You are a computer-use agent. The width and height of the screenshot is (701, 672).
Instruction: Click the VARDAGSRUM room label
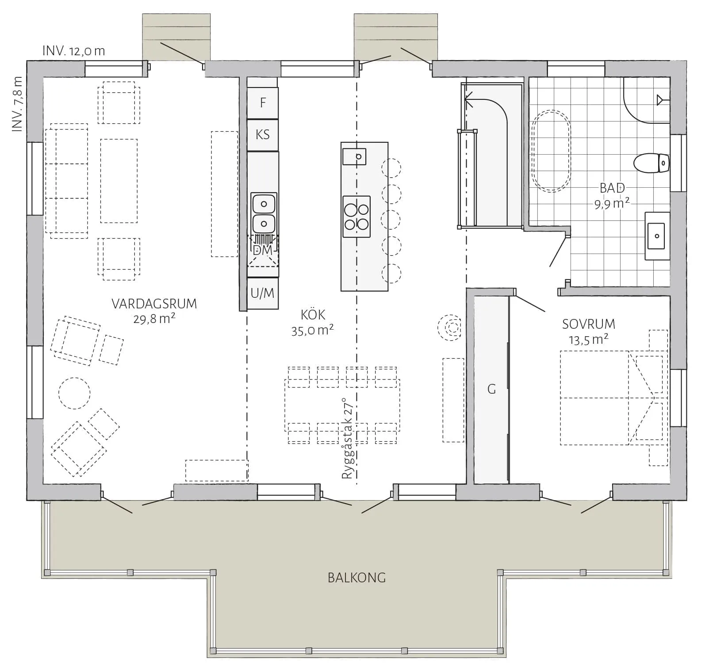(154, 304)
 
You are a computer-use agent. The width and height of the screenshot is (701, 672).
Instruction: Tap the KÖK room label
(313, 315)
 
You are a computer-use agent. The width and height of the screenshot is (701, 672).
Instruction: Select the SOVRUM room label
(588, 324)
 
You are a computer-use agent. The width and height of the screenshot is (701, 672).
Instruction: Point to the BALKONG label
(356, 578)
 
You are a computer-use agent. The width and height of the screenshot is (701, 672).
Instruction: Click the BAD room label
(612, 188)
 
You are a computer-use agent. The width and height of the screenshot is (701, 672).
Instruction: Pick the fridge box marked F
(263, 103)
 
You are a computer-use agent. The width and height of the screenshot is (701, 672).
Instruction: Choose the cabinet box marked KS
(263, 135)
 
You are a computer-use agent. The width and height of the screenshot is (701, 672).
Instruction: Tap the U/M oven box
(263, 293)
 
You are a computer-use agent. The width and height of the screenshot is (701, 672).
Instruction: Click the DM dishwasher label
(263, 250)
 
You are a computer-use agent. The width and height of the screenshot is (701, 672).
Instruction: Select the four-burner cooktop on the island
(356, 216)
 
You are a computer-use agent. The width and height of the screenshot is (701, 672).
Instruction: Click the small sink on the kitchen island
(354, 156)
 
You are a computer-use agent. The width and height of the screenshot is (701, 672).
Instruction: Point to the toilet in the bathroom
(651, 163)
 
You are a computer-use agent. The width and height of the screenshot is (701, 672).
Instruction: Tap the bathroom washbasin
(657, 236)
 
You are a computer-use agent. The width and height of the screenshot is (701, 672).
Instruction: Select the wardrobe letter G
(491, 389)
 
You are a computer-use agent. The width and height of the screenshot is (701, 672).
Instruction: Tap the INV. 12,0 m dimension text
(74, 51)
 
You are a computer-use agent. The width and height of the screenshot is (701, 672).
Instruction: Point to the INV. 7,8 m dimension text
(17, 104)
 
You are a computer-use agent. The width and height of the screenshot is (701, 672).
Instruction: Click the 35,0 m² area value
(312, 330)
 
